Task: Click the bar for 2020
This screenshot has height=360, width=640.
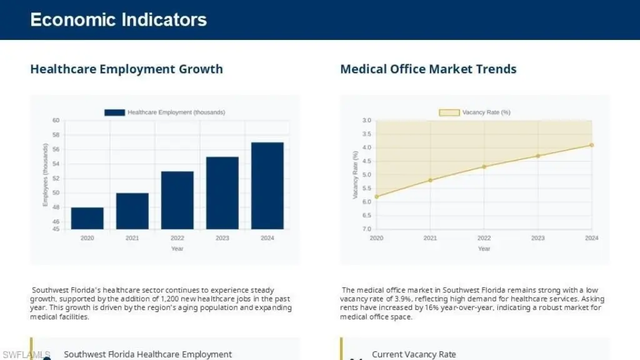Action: click(87, 218)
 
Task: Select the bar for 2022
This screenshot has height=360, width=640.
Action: click(177, 200)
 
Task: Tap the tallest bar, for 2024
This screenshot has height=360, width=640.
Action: click(267, 186)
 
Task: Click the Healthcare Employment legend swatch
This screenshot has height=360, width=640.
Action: click(114, 112)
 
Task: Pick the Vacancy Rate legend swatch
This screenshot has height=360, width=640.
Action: click(449, 112)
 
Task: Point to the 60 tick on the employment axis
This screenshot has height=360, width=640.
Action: click(56, 121)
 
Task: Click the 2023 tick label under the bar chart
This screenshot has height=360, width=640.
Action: click(222, 238)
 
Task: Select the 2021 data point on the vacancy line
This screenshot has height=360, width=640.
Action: click(430, 180)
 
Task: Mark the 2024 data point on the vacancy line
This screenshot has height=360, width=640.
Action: click(591, 145)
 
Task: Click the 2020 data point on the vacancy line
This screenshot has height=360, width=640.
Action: click(376, 196)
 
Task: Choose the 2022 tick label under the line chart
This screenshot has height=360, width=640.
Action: click(484, 238)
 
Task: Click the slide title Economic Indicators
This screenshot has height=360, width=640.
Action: click(118, 20)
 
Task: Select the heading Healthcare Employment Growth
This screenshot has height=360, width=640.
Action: click(126, 69)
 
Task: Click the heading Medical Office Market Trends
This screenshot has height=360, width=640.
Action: click(428, 69)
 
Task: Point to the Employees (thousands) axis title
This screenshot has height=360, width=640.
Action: click(46, 175)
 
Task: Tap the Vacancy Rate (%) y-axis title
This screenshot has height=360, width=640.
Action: click(355, 175)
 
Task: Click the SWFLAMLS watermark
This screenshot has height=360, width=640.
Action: click(25, 354)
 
